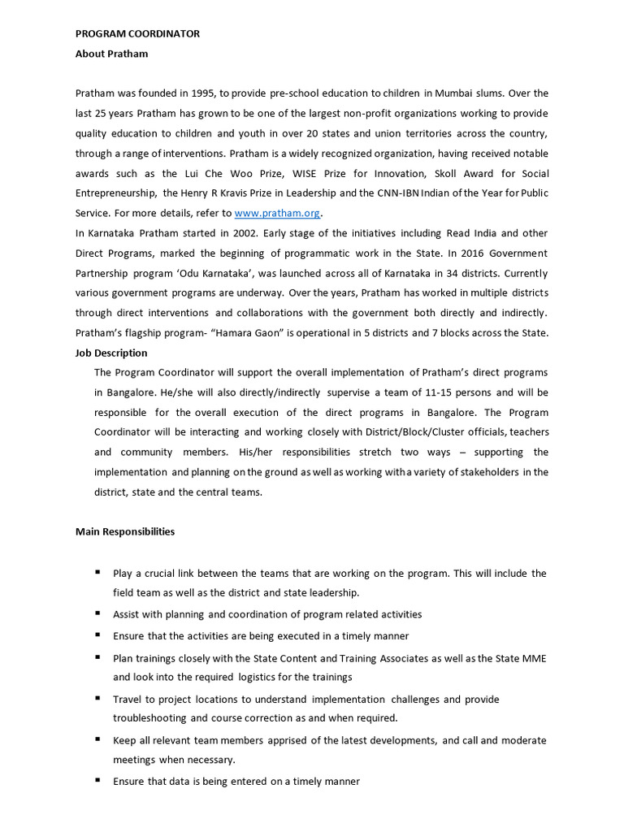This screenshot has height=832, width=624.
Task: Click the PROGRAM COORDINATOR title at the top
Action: coord(137,33)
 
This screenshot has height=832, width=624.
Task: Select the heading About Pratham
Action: coord(111,54)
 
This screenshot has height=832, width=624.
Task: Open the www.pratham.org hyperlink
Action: coord(278,213)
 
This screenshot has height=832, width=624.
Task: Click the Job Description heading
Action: coord(111,353)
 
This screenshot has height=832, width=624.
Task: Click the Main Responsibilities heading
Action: coord(124,532)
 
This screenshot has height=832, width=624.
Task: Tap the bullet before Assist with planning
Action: coord(97,613)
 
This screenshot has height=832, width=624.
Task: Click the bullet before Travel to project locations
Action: coord(97,698)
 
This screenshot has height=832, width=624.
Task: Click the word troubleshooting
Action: coord(149,718)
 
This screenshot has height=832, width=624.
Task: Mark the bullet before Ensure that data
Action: coord(97,780)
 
